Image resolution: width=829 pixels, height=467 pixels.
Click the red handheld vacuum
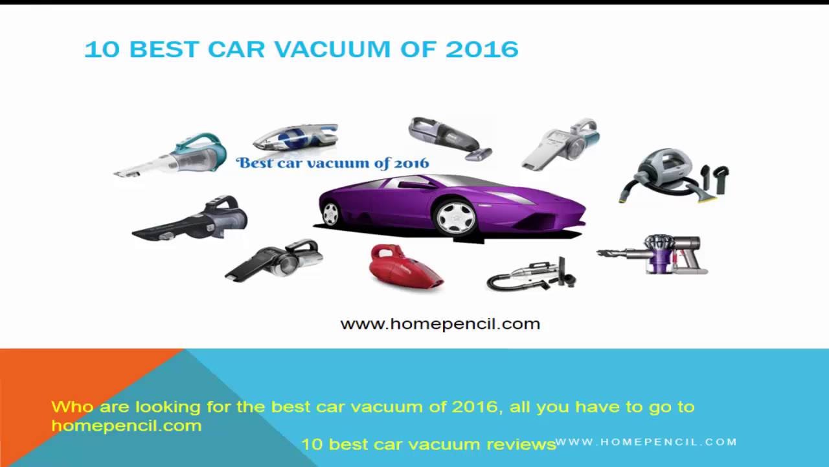(x=405, y=266)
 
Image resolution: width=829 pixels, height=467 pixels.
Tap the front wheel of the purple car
(x=455, y=218)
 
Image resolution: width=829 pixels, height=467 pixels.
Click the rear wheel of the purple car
(x=330, y=214)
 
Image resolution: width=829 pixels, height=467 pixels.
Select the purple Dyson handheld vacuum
(x=653, y=254)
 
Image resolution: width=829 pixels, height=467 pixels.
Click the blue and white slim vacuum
(x=296, y=136)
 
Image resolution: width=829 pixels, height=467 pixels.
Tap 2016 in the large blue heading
(x=482, y=49)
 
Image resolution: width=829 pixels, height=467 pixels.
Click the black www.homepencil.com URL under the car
(x=440, y=324)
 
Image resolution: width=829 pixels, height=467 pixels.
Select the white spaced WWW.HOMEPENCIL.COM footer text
(x=646, y=442)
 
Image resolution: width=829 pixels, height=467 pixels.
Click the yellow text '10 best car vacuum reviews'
(x=429, y=444)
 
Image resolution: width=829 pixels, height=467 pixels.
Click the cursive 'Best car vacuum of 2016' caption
(x=333, y=163)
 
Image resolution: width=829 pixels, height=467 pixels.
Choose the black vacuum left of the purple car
(x=190, y=218)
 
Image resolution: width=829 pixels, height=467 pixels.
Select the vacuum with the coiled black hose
(x=532, y=275)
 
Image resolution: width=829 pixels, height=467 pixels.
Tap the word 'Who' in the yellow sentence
(x=73, y=407)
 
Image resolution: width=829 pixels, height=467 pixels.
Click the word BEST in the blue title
(x=165, y=49)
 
